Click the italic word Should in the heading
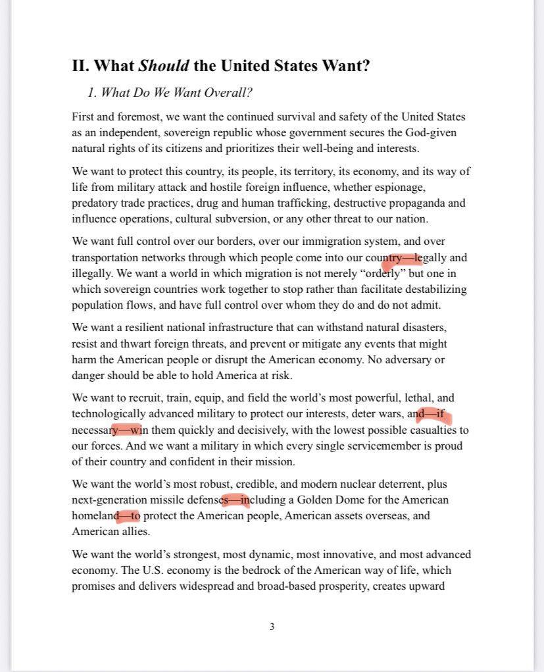164,66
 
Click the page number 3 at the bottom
272,627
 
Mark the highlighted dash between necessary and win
125,430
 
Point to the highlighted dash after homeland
124,516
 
